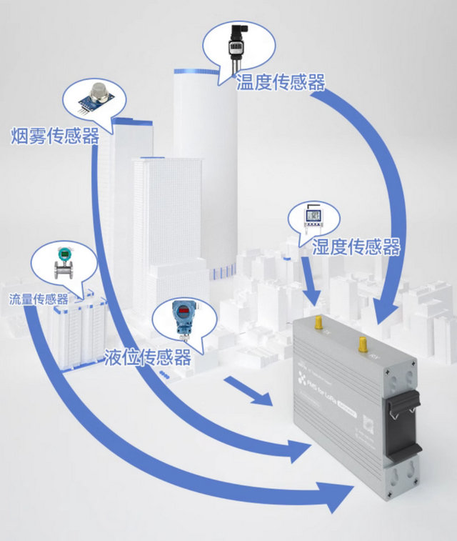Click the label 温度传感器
click(280, 82)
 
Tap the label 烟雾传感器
click(55, 136)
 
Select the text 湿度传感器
click(356, 247)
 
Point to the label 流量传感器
click(39, 299)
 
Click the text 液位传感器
click(147, 357)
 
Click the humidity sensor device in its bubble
click(312, 219)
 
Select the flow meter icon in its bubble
click(64, 263)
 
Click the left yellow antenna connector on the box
click(318, 325)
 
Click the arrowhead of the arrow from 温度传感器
click(386, 312)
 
